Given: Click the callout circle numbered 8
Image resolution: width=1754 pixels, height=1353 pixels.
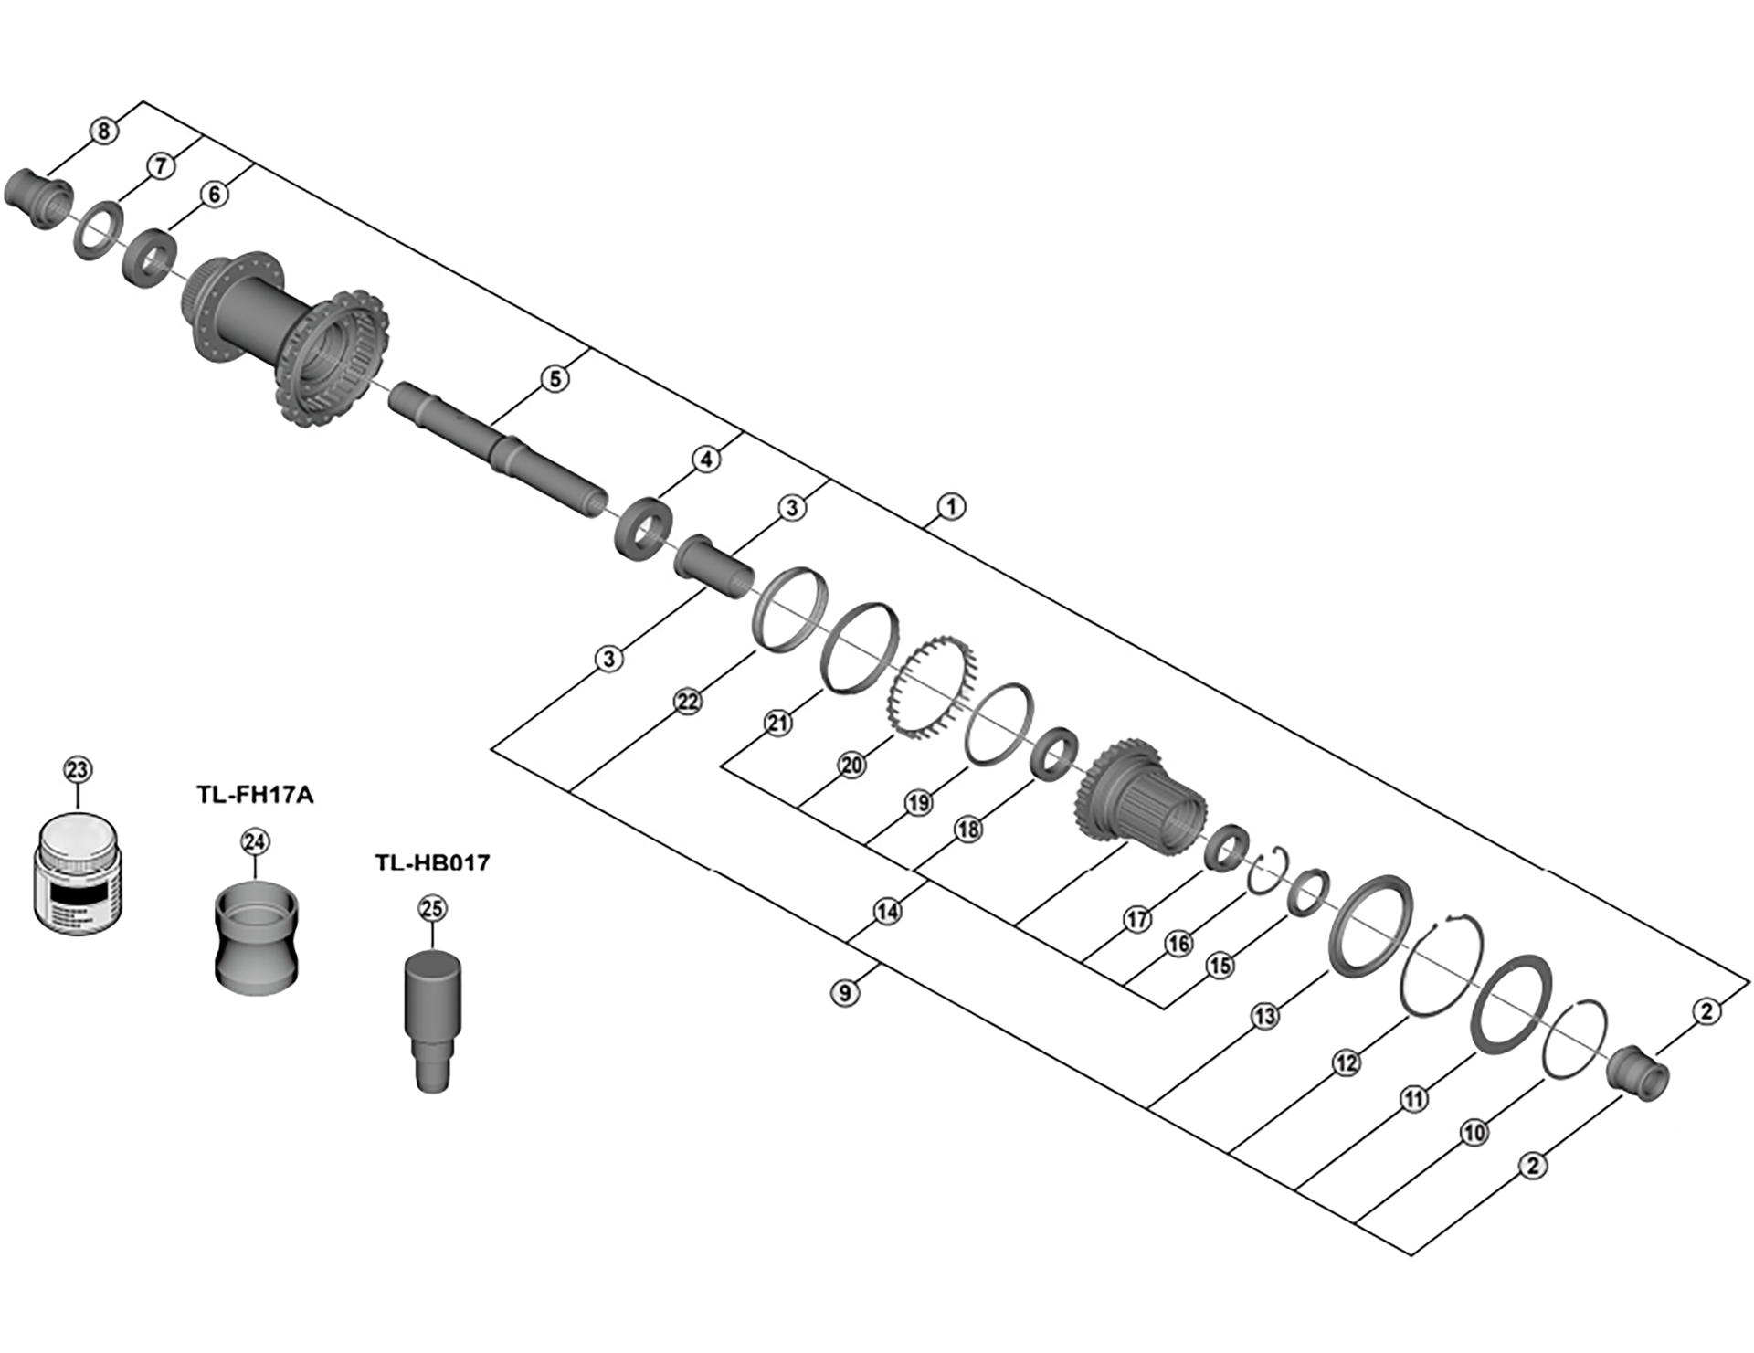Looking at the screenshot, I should tap(103, 131).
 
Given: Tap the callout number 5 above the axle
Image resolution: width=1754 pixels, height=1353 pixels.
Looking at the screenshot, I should tap(555, 378).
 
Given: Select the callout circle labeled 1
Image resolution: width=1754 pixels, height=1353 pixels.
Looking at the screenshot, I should tap(951, 506).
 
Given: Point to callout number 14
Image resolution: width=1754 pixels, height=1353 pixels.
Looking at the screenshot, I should tap(887, 911).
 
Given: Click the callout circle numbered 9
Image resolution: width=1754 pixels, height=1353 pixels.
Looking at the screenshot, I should tap(845, 992).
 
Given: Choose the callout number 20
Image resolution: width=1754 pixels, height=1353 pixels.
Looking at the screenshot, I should tap(851, 765).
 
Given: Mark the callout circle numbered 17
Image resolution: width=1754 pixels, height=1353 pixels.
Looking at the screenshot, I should tap(1136, 919).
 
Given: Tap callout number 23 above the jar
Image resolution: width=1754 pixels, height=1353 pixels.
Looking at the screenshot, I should tap(77, 769).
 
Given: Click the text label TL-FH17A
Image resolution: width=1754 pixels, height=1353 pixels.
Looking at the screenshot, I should tap(255, 795).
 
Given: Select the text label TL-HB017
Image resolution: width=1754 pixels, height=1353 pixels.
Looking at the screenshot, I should tap(432, 862).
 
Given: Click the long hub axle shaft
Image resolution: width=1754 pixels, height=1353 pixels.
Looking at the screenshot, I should tap(498, 448).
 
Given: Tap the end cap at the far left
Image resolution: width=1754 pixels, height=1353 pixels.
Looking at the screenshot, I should tap(38, 196).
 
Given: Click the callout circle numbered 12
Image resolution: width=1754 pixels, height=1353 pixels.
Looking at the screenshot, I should tap(1347, 1062).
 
